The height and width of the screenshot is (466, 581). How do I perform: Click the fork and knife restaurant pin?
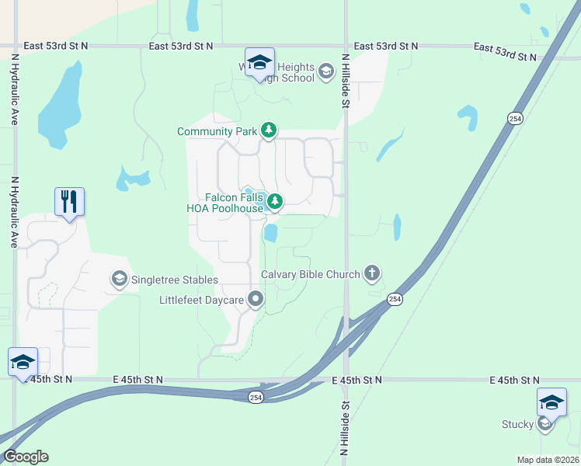(70, 202)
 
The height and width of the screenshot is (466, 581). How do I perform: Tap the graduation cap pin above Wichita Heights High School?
(259, 62)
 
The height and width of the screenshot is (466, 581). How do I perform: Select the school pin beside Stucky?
(551, 402)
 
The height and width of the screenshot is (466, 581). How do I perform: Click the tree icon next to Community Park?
(269, 130)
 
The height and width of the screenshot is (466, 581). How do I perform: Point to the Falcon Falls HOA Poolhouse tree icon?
(274, 203)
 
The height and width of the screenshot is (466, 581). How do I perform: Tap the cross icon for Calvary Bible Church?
(373, 273)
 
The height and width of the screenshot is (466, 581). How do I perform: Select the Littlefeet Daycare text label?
(202, 300)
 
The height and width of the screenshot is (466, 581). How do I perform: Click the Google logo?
(25, 457)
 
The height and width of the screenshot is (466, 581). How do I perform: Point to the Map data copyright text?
(547, 460)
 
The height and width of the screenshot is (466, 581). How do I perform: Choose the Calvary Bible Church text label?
(311, 274)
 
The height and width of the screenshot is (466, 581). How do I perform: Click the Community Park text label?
(217, 131)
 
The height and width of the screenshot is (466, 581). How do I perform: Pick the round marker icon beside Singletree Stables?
(119, 278)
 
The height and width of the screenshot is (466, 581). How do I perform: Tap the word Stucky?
(517, 424)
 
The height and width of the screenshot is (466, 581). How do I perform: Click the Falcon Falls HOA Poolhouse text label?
(225, 203)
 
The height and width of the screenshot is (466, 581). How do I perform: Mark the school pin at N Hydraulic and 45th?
(23, 362)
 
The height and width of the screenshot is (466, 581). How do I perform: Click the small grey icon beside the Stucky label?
(544, 424)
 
